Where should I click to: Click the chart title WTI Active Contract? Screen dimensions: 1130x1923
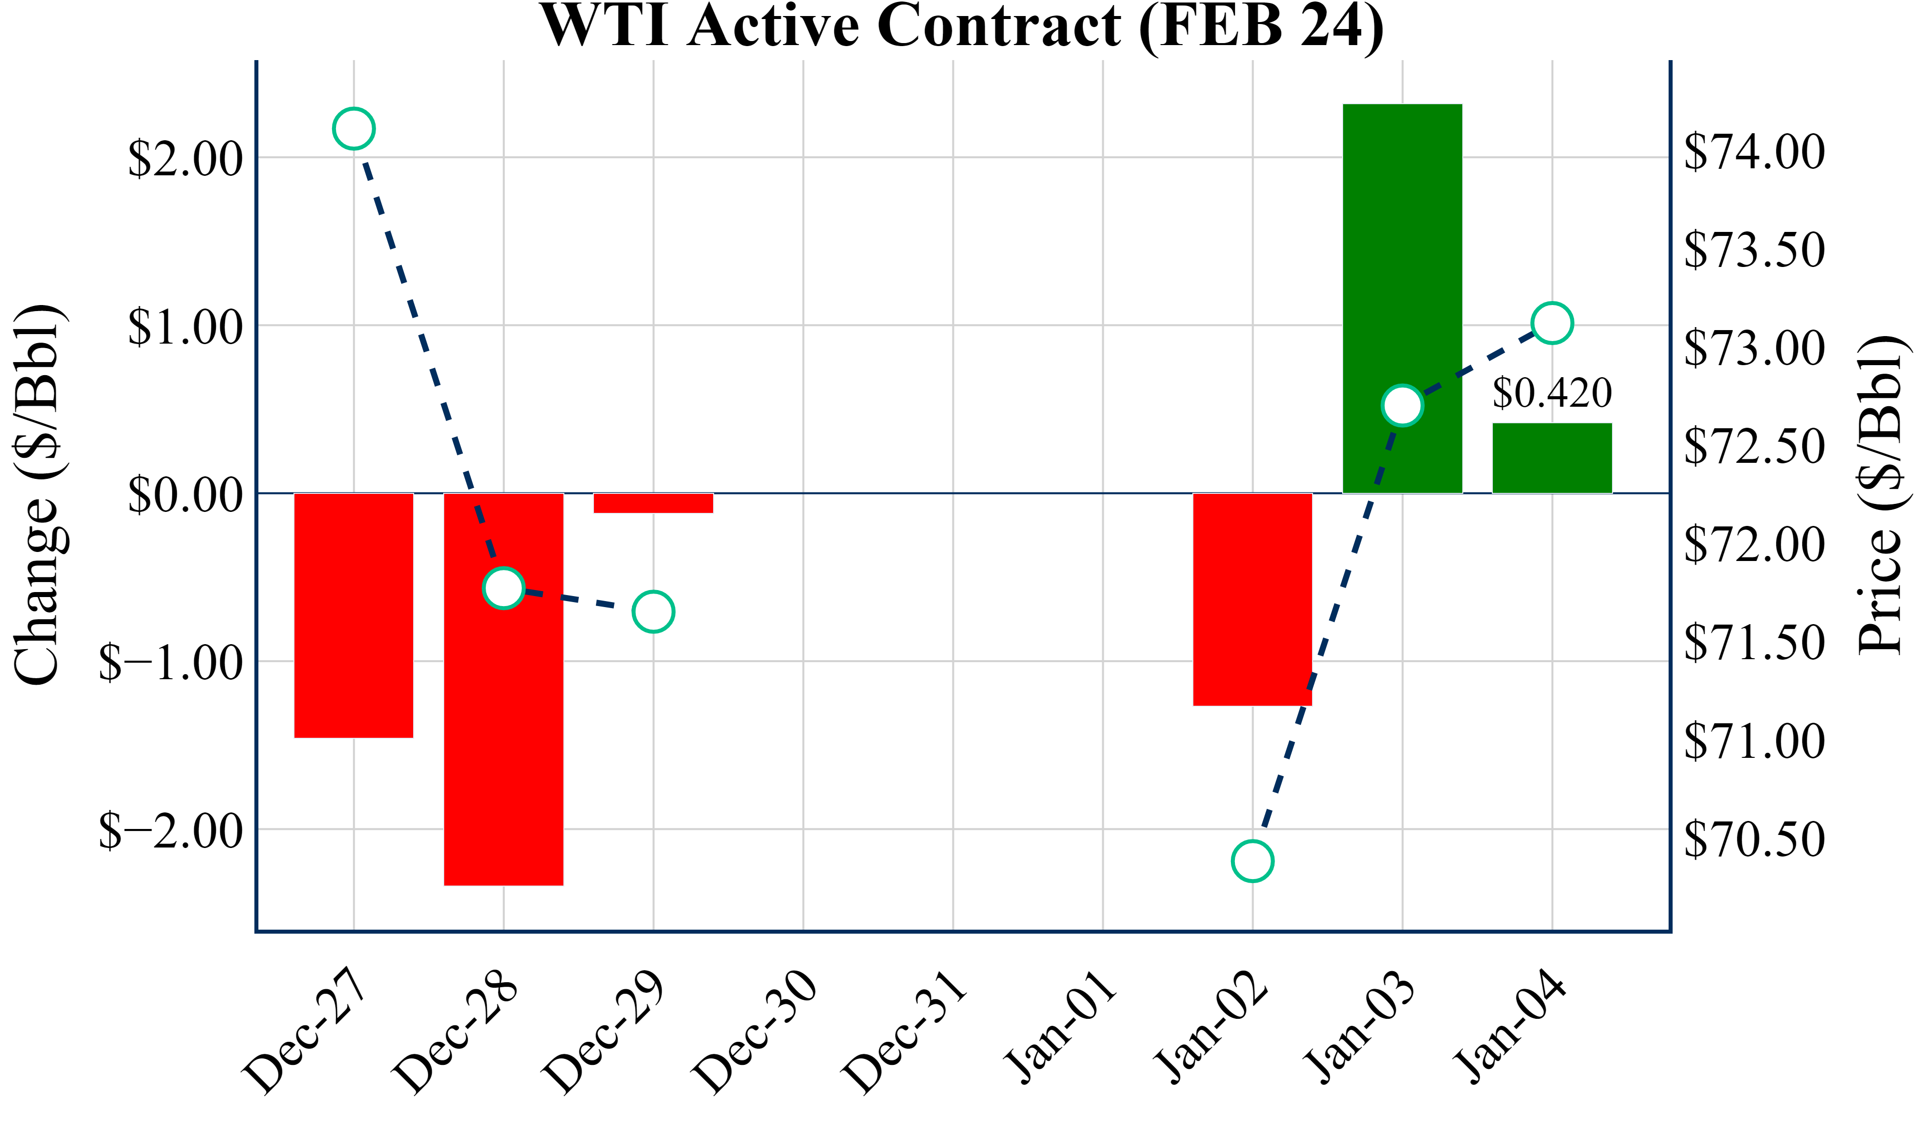coord(961,26)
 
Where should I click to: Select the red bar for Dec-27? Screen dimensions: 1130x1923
coord(354,615)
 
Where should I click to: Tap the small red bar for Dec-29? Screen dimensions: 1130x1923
coord(653,503)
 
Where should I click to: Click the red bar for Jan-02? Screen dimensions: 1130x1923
coord(1252,600)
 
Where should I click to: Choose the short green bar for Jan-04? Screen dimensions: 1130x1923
coord(1552,458)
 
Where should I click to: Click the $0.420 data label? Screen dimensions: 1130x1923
coord(1552,393)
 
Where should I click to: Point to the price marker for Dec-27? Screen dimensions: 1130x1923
coord(354,129)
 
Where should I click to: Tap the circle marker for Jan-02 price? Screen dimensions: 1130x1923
coord(1252,861)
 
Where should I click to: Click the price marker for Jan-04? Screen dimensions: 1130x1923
coord(1552,323)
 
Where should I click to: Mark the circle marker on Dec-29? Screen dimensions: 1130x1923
coord(653,612)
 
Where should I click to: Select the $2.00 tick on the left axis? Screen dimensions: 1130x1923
coord(185,159)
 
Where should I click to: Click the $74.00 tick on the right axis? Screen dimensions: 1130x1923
coord(1754,151)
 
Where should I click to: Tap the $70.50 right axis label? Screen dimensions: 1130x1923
coord(1754,839)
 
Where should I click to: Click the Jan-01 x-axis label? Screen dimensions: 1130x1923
coord(1059,1027)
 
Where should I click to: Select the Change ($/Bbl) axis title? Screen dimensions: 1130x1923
coord(38,495)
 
